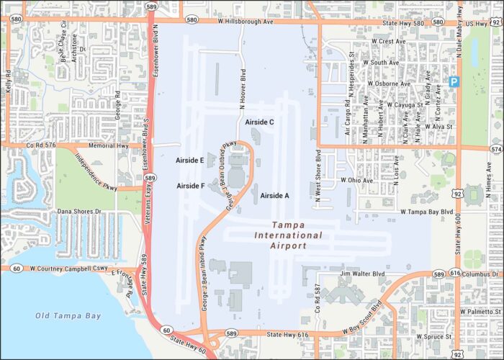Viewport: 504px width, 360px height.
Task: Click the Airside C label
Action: point(259,122)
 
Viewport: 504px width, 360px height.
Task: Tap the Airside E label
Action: point(191,160)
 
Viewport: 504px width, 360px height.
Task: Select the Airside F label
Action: point(191,186)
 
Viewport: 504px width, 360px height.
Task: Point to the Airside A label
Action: point(274,195)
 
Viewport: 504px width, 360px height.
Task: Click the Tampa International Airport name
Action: point(287,235)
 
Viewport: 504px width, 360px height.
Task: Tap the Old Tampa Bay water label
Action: point(68,315)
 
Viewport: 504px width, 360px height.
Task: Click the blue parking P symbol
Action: point(454,82)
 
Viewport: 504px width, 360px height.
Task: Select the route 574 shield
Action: point(496,149)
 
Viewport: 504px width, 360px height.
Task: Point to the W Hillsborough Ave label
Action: point(246,22)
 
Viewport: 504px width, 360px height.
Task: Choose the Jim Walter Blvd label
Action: point(363,274)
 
